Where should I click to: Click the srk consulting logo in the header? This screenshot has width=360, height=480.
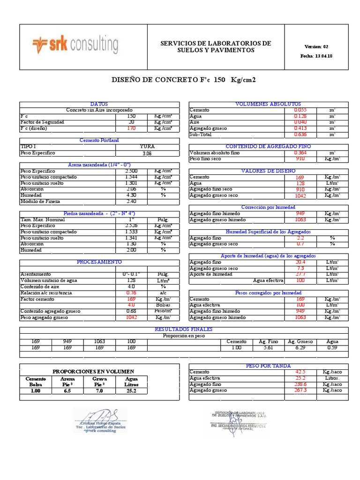pyautogui.click(x=75, y=45)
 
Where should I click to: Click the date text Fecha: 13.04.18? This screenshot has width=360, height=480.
pyautogui.click(x=316, y=56)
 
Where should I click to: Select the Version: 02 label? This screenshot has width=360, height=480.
pyautogui.click(x=316, y=46)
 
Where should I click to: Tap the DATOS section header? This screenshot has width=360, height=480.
pyautogui.click(x=99, y=104)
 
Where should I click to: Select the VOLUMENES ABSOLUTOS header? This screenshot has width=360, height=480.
pyautogui.click(x=268, y=104)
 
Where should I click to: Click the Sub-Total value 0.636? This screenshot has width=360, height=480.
pyautogui.click(x=300, y=135)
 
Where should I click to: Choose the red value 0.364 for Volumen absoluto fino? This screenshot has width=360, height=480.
pyautogui.click(x=300, y=153)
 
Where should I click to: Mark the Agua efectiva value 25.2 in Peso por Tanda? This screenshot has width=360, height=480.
pyautogui.click(x=300, y=378)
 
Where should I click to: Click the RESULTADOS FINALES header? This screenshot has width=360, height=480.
pyautogui.click(x=183, y=330)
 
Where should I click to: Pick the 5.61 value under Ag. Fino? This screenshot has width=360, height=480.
pyautogui.click(x=269, y=348)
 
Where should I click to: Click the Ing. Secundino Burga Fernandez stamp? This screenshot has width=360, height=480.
pyautogui.click(x=239, y=422)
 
